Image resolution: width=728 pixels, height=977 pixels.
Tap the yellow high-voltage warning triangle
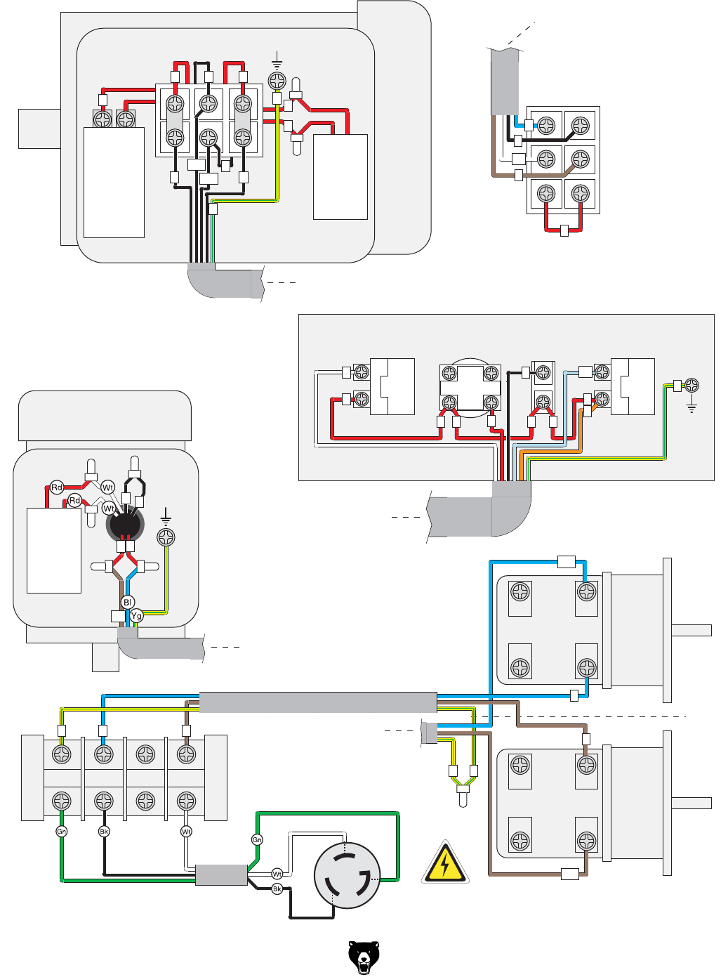click(445, 864)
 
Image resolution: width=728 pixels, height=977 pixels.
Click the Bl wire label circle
click(127, 602)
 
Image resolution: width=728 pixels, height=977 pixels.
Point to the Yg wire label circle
click(136, 615)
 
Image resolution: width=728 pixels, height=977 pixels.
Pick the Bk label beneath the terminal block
click(104, 831)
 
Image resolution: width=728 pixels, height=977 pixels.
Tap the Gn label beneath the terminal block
click(62, 831)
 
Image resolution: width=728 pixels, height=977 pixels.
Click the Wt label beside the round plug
click(277, 874)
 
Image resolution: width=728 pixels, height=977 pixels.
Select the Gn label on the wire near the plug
click(257, 839)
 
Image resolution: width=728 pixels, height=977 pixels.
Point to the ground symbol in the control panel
click(691, 406)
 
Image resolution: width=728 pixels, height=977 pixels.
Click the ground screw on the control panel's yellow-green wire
click(691, 385)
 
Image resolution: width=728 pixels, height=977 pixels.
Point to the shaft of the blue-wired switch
click(691, 630)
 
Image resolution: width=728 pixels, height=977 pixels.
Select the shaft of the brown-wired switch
click(691, 803)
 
